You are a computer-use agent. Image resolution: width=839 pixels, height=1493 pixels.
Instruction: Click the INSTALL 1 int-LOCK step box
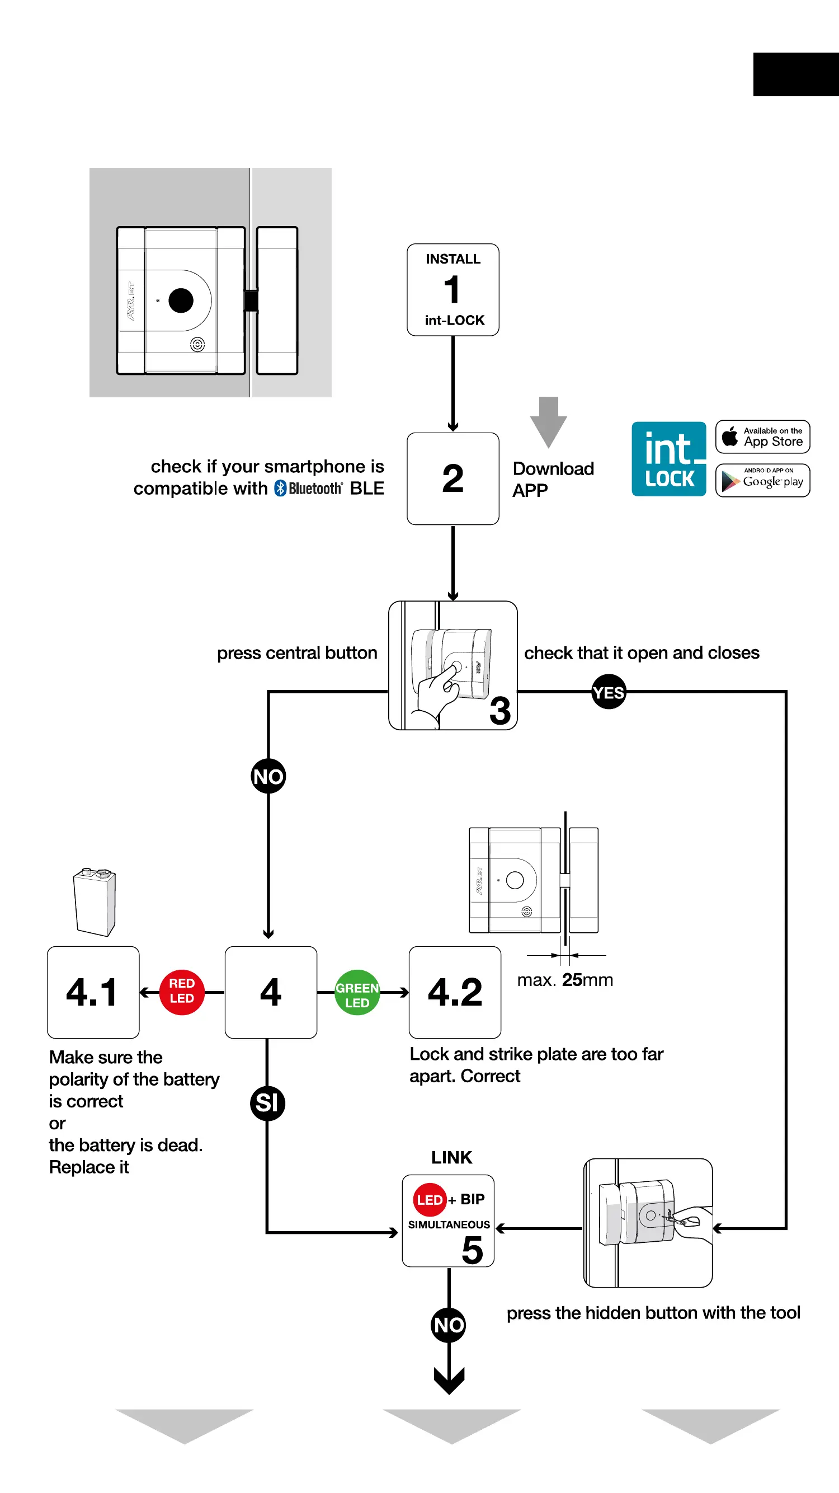tap(453, 290)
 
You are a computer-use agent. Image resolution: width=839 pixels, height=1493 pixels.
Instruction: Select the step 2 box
tap(453, 479)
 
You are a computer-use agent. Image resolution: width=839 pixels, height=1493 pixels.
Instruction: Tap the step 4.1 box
tap(93, 992)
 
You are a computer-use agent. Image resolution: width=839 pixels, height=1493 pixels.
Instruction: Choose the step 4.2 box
tap(454, 992)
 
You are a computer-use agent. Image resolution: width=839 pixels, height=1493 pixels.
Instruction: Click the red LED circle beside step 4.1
tap(181, 992)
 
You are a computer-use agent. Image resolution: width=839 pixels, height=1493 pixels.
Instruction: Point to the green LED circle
tap(357, 993)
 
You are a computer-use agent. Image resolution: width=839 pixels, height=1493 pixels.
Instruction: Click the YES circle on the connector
tap(609, 692)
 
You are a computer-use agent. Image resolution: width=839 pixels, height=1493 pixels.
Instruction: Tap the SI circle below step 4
tap(267, 1103)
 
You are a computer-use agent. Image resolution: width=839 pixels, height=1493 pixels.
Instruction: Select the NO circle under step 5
tap(449, 1325)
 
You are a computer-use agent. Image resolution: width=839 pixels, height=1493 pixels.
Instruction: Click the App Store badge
tap(762, 437)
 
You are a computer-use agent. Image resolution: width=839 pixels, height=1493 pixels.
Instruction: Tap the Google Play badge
tap(762, 481)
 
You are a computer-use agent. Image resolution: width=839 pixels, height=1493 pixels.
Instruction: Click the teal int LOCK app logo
tap(668, 459)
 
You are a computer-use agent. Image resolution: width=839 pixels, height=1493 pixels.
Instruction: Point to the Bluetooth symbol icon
tap(280, 489)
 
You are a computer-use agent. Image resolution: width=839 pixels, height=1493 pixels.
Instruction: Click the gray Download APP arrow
tap(548, 421)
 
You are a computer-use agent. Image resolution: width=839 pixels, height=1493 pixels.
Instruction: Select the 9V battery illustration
tap(95, 902)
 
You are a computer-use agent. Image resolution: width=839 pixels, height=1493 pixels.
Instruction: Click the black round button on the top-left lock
tap(181, 300)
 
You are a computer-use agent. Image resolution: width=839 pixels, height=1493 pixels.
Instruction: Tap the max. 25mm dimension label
tap(565, 980)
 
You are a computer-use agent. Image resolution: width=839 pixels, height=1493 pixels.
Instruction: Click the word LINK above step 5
tap(451, 1157)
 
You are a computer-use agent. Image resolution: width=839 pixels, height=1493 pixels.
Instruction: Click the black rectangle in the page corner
tap(795, 74)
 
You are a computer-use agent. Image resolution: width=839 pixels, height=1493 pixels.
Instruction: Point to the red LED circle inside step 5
tap(430, 1199)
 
